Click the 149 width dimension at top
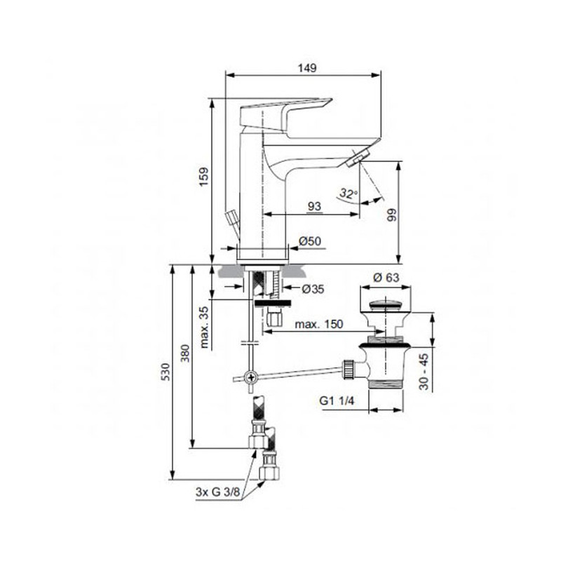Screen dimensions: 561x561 coord(308,68)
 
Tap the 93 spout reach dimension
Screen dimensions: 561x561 coord(314,205)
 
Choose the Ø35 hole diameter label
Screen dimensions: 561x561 coord(312,289)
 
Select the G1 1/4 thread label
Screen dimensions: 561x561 coord(337,402)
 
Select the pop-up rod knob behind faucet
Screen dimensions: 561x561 coord(229,217)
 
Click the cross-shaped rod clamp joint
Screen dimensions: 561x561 coord(248,377)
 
